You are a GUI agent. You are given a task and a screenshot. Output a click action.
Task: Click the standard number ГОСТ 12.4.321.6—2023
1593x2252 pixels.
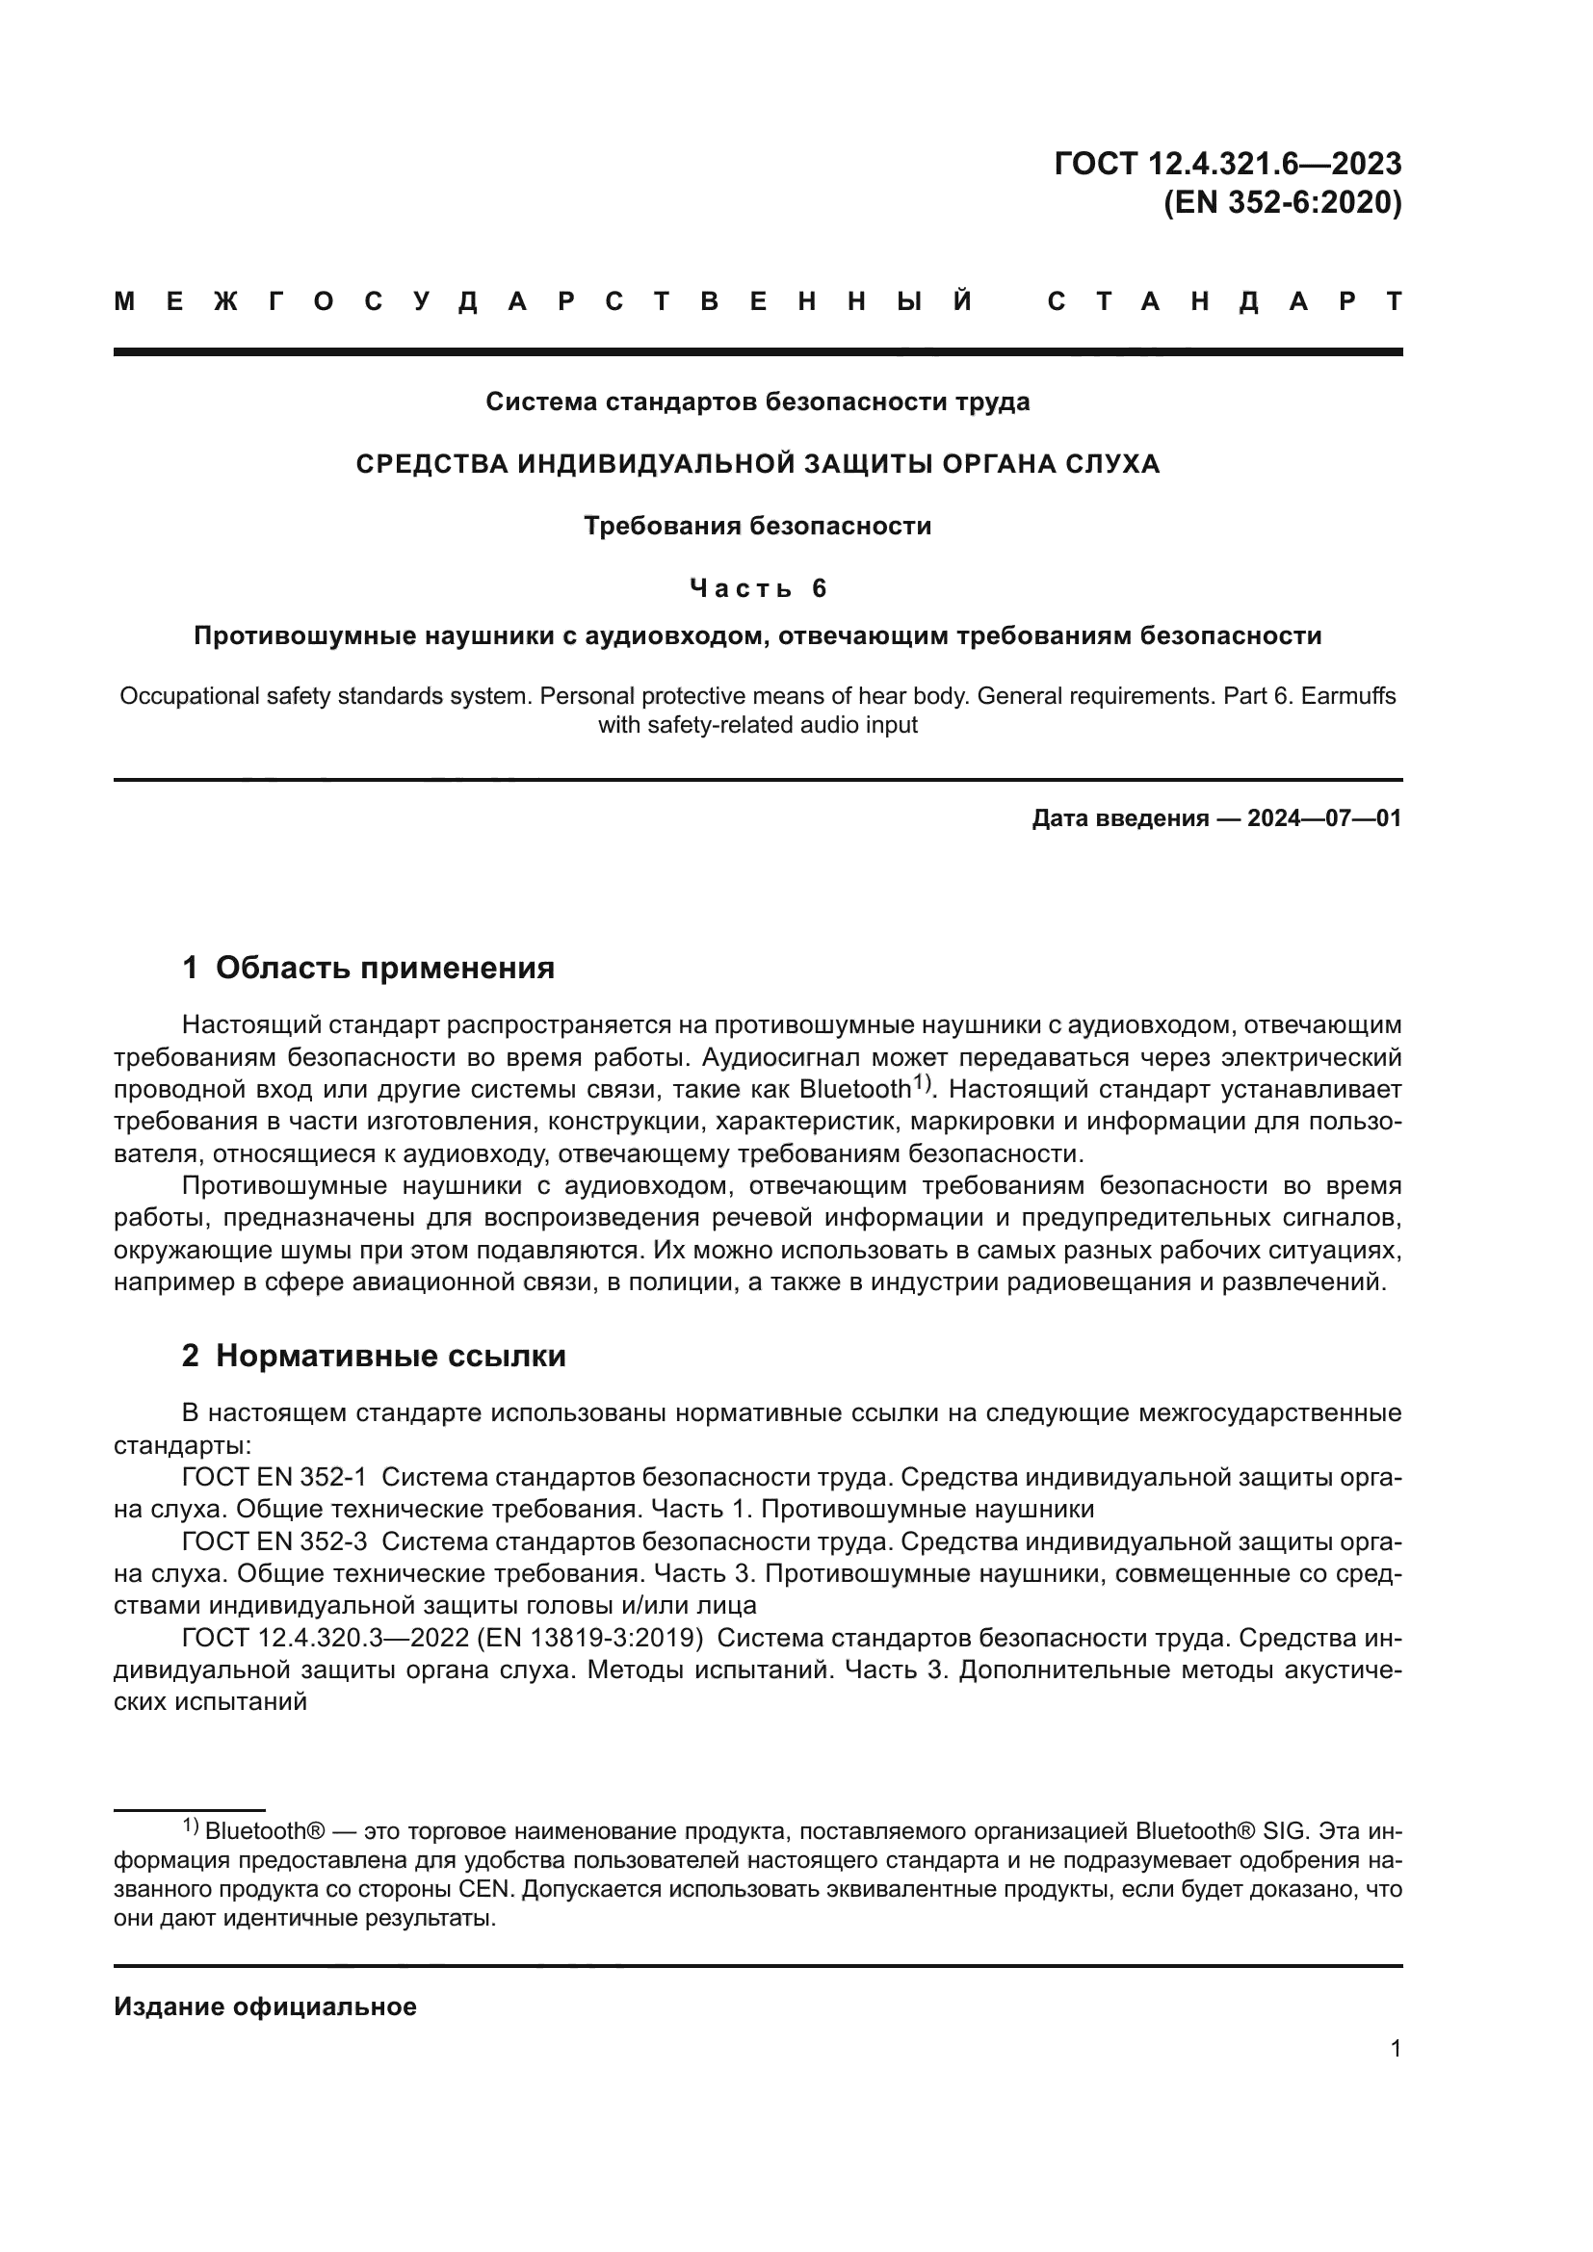tap(1227, 163)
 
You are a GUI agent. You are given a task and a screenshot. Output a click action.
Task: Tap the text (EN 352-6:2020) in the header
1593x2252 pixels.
tap(1282, 203)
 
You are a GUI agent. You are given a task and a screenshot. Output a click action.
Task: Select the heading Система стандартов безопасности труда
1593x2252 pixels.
tap(757, 402)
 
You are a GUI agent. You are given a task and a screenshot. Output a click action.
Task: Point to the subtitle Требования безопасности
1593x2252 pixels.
tap(757, 527)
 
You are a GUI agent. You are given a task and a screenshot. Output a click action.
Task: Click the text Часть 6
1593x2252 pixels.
tap(757, 588)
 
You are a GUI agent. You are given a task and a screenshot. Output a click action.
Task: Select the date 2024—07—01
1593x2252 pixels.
tap(1324, 818)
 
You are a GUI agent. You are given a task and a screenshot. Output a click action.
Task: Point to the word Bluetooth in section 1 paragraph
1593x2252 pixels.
tap(855, 1090)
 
